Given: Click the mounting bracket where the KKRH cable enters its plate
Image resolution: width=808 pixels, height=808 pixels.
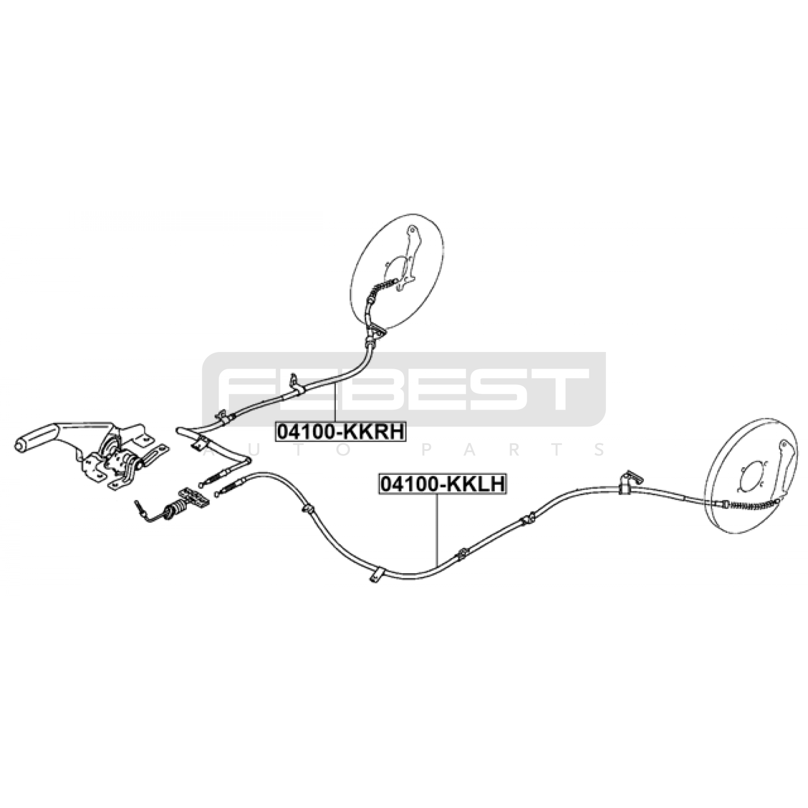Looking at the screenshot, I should point(376,331).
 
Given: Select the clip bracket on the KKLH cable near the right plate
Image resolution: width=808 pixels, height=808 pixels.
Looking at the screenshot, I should point(627,482).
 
